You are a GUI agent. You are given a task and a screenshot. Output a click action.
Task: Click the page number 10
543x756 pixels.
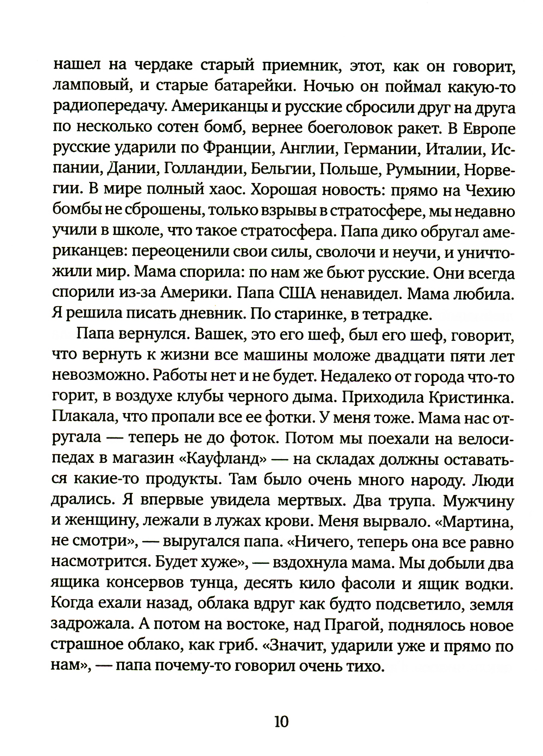click(282, 721)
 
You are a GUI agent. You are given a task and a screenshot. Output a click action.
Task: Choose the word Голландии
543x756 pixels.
click(200, 170)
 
